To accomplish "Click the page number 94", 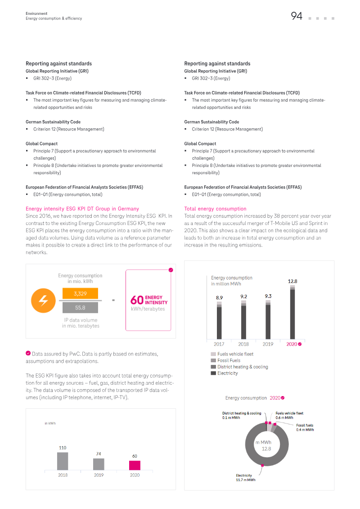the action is coord(297,16).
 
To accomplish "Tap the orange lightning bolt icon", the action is coord(43,301).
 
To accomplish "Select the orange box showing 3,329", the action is coord(80,293).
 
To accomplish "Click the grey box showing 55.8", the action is coord(80,307).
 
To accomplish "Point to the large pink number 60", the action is coord(137,300).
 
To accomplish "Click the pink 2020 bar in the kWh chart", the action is coord(135,465).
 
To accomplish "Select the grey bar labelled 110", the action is coord(63,461).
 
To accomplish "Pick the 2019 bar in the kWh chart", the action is coord(99,464).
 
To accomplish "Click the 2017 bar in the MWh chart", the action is coord(219,320).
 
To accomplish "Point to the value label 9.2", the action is coord(244,297).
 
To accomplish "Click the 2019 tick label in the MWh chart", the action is coord(268,344).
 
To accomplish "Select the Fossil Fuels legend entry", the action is coord(225,360).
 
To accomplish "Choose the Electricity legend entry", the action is coord(224,373).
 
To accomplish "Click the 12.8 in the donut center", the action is coord(266,449).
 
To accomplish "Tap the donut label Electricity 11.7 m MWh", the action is coord(246,477).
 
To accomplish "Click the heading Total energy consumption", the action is coord(215,209).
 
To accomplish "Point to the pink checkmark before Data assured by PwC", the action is coord(28,353).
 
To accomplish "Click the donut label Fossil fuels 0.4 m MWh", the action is coord(305,428).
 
